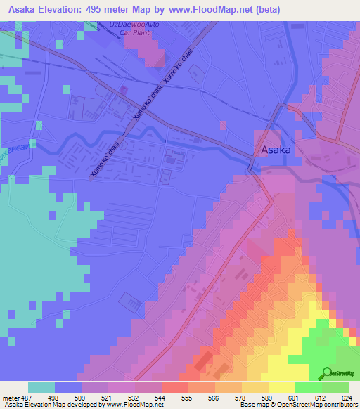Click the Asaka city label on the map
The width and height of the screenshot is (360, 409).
pos(276,150)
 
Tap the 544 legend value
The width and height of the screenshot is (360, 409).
pos(161,397)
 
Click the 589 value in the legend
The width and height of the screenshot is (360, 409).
pos(268,397)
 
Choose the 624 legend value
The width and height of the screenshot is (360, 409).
pos(348,397)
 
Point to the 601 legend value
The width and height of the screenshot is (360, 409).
pos(295,397)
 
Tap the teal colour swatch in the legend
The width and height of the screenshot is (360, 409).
pos(41,387)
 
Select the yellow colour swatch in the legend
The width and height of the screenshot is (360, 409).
pos(282,387)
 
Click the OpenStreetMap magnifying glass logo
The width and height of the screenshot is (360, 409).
pos(328,373)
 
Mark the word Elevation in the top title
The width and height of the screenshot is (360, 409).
pos(63,10)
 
